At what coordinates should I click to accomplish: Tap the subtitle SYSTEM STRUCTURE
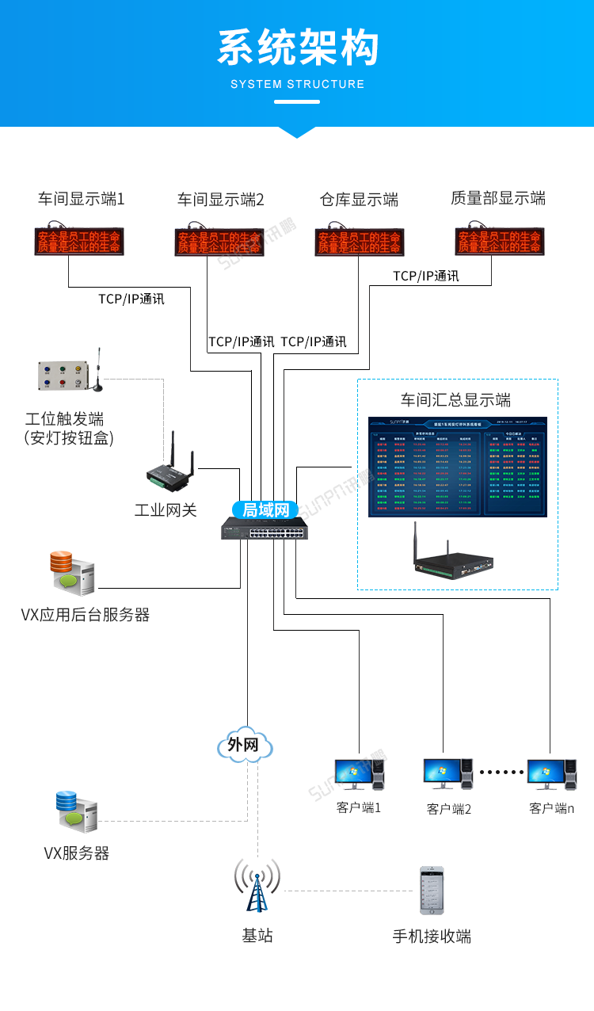click(x=297, y=84)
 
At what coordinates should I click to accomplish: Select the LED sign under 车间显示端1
click(x=79, y=242)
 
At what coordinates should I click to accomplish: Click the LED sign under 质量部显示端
click(x=500, y=242)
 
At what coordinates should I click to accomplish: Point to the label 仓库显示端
click(x=359, y=200)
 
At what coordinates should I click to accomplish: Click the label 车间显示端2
click(x=220, y=200)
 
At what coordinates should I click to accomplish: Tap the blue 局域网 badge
click(x=265, y=509)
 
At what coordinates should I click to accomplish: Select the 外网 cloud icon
click(x=245, y=745)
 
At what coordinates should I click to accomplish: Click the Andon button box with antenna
click(x=63, y=376)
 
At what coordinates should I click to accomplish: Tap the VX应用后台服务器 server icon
click(x=73, y=574)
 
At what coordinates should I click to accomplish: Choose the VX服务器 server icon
click(x=77, y=811)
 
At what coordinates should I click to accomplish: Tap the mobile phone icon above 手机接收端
click(x=431, y=891)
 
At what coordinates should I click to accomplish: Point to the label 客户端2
click(x=448, y=809)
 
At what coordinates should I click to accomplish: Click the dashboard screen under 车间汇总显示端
click(x=458, y=467)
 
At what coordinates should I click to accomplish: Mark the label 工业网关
click(x=166, y=509)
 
